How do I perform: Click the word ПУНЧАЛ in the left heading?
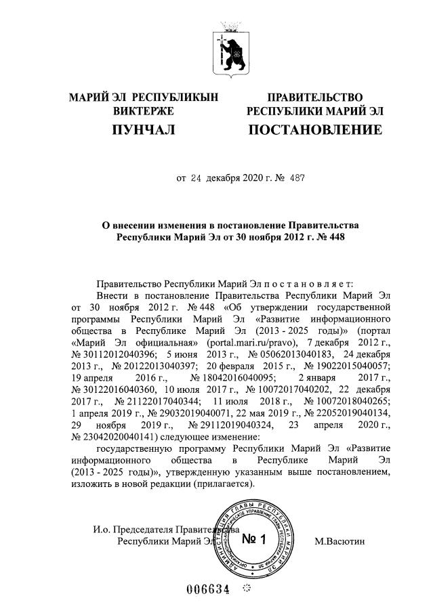coord(143,129)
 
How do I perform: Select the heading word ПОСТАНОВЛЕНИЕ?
coord(315,129)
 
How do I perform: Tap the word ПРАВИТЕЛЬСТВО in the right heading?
coord(314,98)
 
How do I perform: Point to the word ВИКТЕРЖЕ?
coord(144,111)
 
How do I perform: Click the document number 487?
coord(297,179)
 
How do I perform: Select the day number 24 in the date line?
coord(196,179)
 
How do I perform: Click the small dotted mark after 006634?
coord(246,587)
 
